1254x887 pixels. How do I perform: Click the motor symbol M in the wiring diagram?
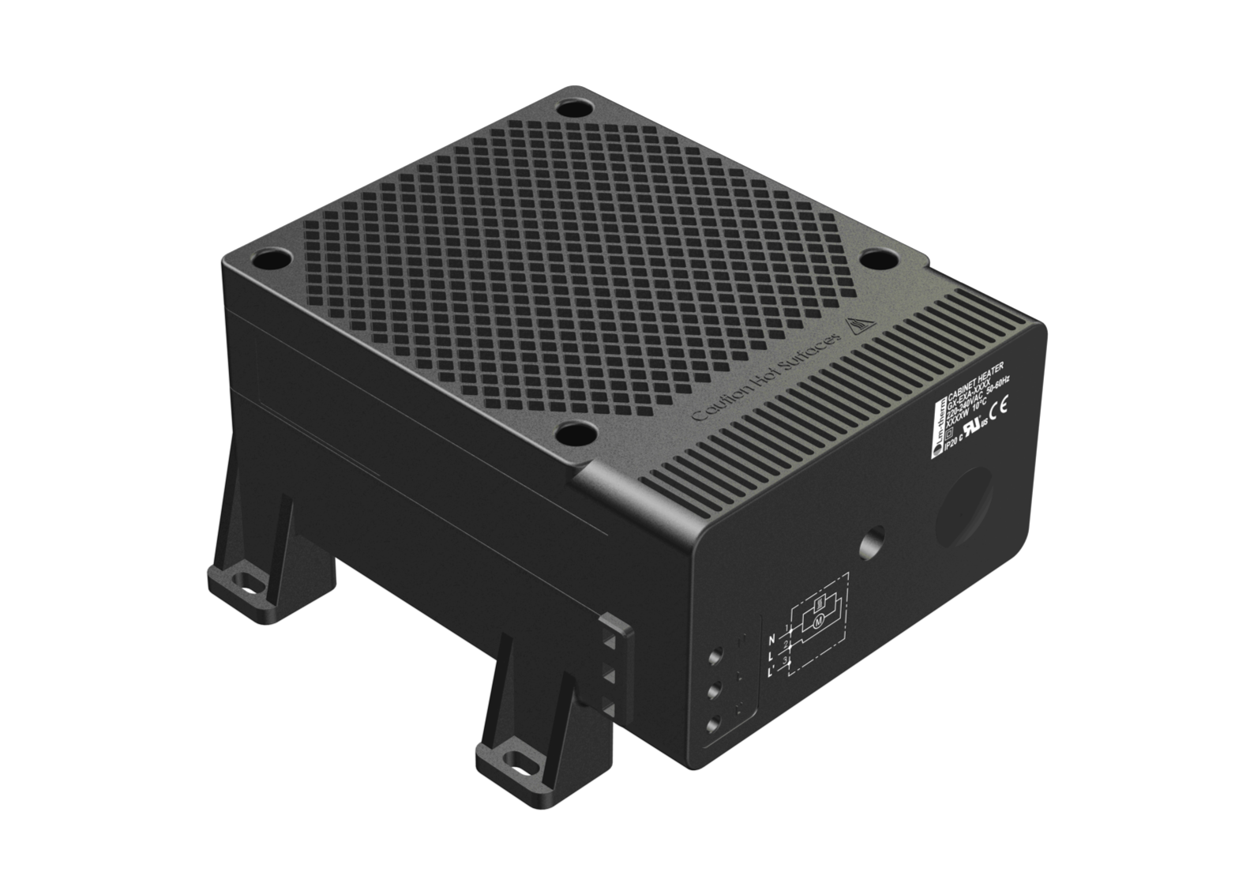(x=818, y=620)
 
